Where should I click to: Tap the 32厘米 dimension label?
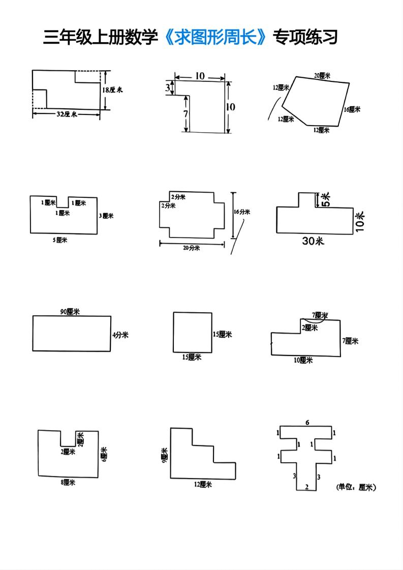[66, 114]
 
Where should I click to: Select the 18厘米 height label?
[113, 90]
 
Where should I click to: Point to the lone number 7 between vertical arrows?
[186, 113]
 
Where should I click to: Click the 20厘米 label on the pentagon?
[322, 76]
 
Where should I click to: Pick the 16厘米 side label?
[352, 109]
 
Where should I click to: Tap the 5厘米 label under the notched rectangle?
[60, 240]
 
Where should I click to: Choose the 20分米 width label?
[192, 248]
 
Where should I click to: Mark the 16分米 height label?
[241, 212]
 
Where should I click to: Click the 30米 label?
[313, 241]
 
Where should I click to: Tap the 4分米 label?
[120, 335]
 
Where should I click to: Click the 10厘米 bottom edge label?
[303, 361]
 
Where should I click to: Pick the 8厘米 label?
[68, 483]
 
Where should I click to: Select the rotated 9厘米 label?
[164, 454]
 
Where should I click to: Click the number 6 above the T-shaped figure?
[307, 423]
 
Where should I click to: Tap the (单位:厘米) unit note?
[356, 487]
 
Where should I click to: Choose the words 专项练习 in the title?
[305, 37]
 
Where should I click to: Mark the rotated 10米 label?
[360, 222]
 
